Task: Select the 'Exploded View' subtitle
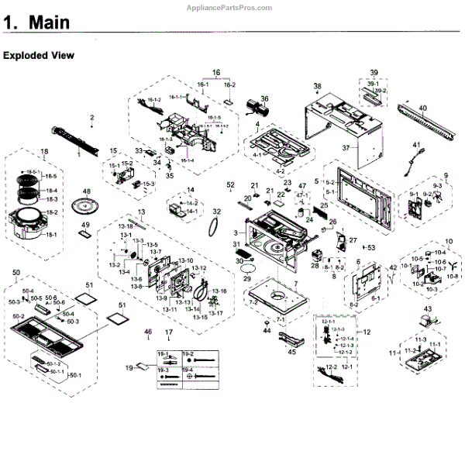pyautogui.click(x=39, y=56)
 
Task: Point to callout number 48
pyautogui.click(x=87, y=191)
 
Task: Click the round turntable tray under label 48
pyautogui.click(x=87, y=208)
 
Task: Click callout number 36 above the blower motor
pyautogui.click(x=263, y=98)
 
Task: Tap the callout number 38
pyautogui.click(x=317, y=86)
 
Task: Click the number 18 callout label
pyautogui.click(x=44, y=152)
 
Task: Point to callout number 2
pyautogui.click(x=91, y=118)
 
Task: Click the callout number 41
pyautogui.click(x=416, y=145)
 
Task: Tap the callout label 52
pyautogui.click(x=229, y=185)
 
